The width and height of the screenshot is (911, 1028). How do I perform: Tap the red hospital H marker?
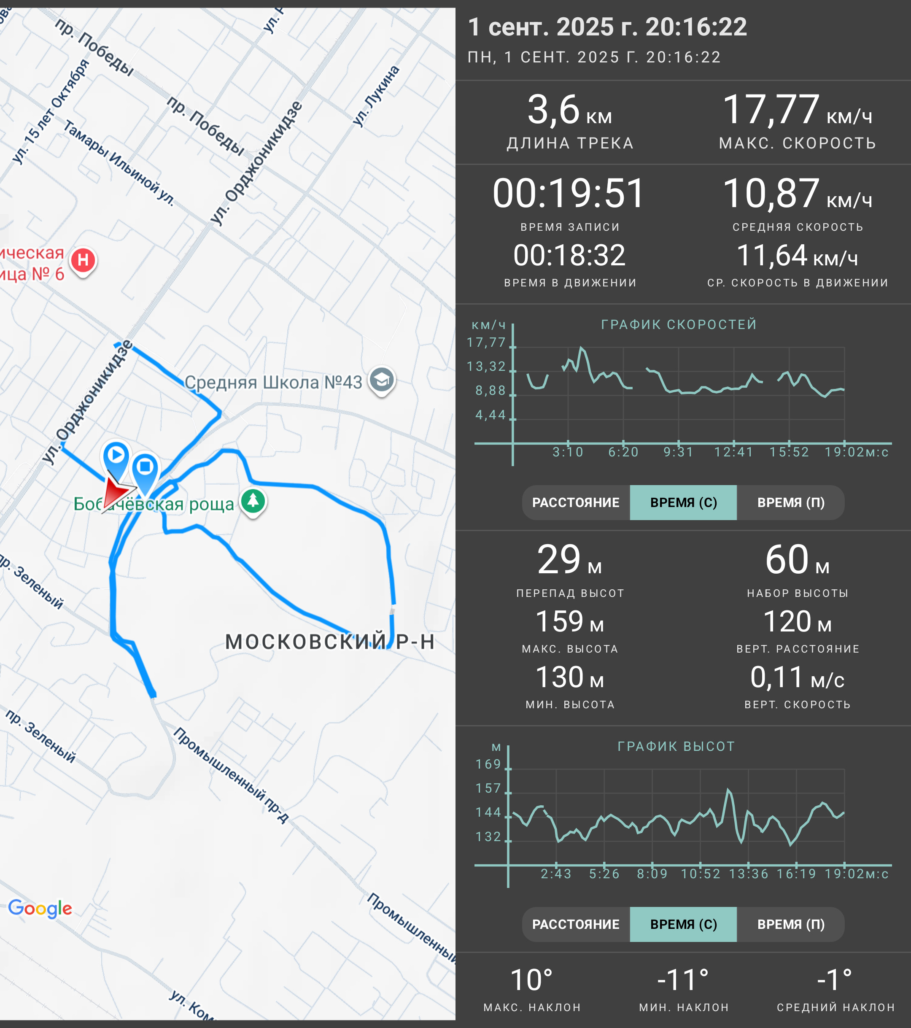[x=83, y=261]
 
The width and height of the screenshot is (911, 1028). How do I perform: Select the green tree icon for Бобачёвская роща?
[x=253, y=502]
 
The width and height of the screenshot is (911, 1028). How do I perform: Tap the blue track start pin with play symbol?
[x=116, y=459]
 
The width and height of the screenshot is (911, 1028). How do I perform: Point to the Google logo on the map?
[x=40, y=908]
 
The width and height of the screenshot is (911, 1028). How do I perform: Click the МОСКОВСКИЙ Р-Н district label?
[x=330, y=642]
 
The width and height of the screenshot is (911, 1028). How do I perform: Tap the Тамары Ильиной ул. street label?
[x=119, y=162]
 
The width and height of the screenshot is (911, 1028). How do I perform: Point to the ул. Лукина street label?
[x=376, y=96]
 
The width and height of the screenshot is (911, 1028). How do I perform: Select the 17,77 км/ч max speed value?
[x=797, y=110]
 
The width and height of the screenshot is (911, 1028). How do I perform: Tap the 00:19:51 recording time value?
[x=569, y=194]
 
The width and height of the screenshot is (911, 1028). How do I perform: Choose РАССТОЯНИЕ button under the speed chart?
[x=576, y=502]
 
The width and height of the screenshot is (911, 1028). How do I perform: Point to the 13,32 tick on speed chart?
[x=486, y=366]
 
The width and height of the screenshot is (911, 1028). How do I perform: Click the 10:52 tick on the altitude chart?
[x=701, y=874]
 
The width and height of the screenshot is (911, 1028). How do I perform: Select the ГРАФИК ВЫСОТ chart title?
[x=676, y=746]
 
